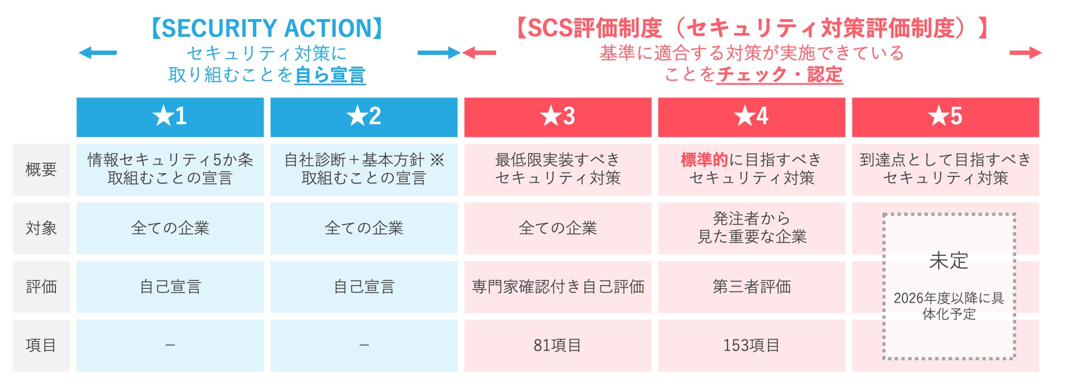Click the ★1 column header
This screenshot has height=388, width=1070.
tap(170, 117)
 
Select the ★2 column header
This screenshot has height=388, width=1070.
tap(364, 117)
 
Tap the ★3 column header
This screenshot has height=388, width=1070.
tap(557, 117)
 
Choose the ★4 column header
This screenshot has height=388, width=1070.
tap(751, 117)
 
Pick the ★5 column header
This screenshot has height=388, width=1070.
tap(945, 117)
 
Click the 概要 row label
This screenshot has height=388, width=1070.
tap(41, 170)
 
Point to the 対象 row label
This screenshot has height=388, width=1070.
tap(41, 228)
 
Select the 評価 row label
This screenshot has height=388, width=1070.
tap(41, 287)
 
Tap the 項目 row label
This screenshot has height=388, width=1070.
tap(41, 346)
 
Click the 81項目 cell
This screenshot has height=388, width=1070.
tap(557, 346)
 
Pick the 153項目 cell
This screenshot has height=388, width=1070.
tap(751, 346)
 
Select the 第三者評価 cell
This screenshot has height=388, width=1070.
tap(751, 287)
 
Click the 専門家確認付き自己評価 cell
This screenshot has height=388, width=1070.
tap(557, 287)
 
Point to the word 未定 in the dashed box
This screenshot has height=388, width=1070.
tap(949, 261)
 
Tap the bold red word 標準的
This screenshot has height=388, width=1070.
tap(704, 160)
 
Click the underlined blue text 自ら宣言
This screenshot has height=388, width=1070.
tap(330, 75)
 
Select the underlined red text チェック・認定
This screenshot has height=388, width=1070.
tap(780, 75)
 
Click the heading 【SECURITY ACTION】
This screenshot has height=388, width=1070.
tap(267, 29)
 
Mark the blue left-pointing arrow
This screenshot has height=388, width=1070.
tap(98, 53)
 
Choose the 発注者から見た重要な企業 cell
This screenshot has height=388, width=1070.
tap(751, 228)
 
